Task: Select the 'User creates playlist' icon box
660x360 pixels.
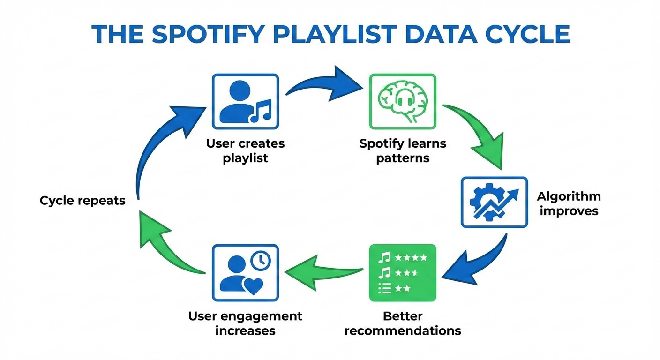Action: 245,101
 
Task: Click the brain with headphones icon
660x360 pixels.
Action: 403,101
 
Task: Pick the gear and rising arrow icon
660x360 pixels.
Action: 494,202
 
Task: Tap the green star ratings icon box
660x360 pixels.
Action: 403,272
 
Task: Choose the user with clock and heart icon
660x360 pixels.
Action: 245,272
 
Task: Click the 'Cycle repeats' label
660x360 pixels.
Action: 82,201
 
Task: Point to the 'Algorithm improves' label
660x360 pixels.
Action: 569,203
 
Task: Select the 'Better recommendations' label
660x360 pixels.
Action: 403,323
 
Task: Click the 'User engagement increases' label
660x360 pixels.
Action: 245,323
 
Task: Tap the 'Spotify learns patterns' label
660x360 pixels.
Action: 403,150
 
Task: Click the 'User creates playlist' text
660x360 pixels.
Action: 245,150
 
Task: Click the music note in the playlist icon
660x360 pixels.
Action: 261,111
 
